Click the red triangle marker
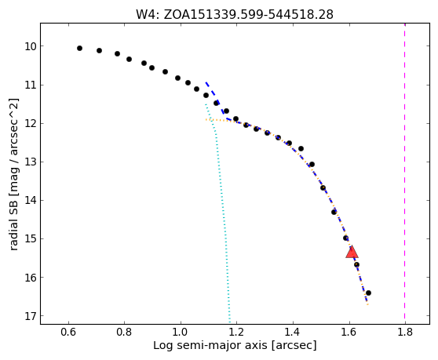[352, 252]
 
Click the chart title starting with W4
[235, 14]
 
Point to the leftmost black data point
[79, 49]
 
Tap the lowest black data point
[368, 293]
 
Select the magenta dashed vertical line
[404, 173]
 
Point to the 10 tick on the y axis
[42, 45]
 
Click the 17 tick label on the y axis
[31, 316]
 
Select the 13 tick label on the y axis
[31, 162]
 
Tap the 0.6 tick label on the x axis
[68, 333]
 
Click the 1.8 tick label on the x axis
[405, 333]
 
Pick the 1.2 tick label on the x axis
[236, 333]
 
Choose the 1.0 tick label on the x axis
[181, 333]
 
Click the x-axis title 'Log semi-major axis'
[210, 345]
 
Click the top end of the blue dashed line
[206, 82]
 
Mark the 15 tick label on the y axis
[31, 239]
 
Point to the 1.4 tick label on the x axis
[293, 333]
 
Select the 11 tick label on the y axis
[31, 85]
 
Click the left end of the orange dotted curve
[206, 119]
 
